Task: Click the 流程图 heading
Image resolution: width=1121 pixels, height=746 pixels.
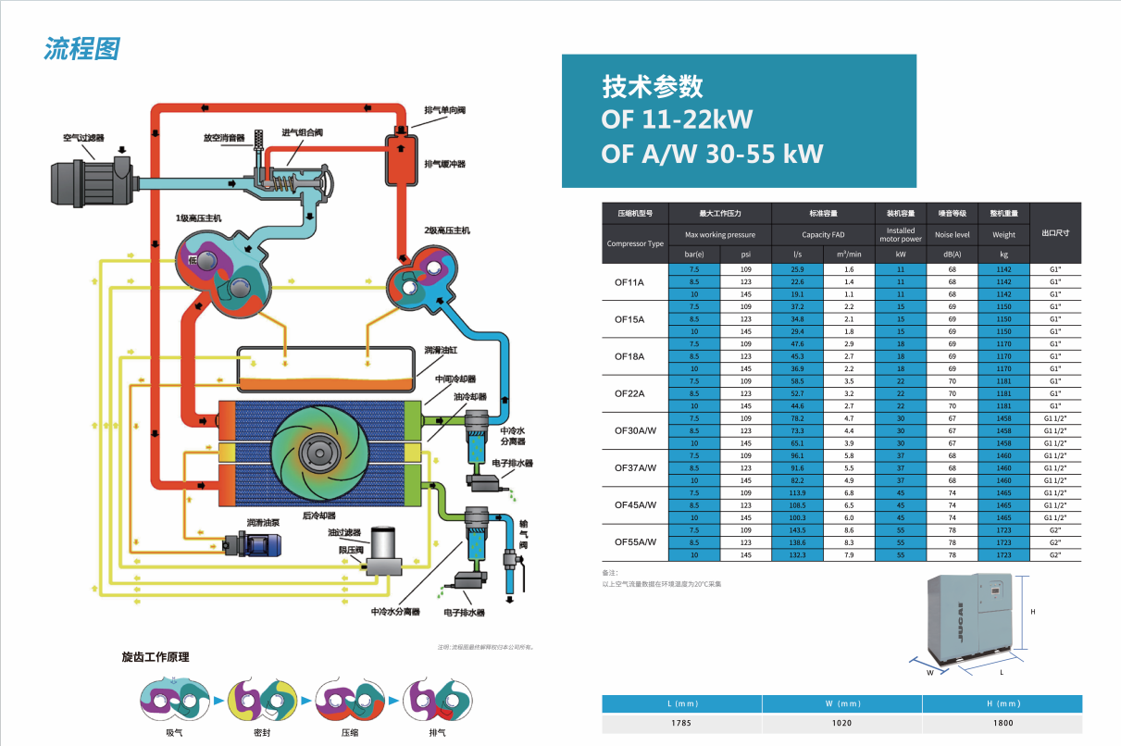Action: pos(81,49)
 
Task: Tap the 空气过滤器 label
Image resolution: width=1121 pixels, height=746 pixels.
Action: pos(82,138)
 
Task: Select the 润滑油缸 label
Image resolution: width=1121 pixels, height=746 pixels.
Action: pos(441,351)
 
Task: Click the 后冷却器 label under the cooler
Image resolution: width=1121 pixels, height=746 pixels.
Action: pos(318,516)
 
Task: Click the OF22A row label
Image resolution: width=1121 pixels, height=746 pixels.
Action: pos(629,393)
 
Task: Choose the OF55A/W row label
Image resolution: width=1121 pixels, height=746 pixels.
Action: pos(635,542)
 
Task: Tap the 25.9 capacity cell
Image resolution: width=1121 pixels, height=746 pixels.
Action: pos(797,269)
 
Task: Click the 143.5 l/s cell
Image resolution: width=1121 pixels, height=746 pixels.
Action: pos(797,529)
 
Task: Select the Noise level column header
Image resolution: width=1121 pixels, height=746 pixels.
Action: pos(953,235)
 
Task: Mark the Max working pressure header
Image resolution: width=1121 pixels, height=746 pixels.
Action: pos(719,235)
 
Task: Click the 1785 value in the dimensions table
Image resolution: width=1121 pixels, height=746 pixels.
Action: pos(681,723)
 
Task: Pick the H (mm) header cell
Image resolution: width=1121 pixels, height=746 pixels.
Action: pos(1001,703)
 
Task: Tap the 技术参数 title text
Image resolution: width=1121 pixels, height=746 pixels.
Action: pos(653,87)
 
